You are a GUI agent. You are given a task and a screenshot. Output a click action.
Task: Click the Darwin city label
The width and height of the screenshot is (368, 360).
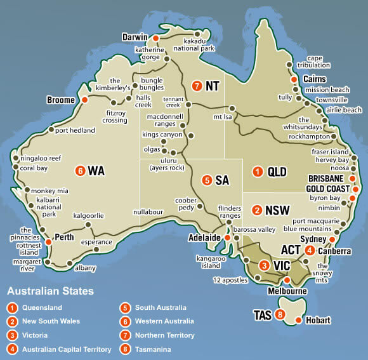pos(135,37)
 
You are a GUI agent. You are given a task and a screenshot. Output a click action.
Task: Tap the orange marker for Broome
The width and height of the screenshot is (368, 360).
pos(84,100)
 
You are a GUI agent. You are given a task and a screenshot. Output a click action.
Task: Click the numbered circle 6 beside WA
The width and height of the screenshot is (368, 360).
pos(80,171)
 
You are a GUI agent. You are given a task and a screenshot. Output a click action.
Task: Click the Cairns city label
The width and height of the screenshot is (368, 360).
pos(315,79)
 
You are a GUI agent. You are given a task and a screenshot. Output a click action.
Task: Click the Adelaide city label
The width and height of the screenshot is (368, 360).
pos(204,238)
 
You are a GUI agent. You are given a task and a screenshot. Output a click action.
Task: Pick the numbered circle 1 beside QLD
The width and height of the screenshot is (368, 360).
pos(258,171)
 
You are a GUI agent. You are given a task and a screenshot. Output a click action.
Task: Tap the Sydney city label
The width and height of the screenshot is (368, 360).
pos(313,239)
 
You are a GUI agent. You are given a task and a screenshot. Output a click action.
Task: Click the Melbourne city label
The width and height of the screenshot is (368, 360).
pos(287,291)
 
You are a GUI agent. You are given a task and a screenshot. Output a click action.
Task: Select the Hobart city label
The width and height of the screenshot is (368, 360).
pos(317,321)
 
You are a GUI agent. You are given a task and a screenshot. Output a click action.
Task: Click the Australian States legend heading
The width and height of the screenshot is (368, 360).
pos(50,292)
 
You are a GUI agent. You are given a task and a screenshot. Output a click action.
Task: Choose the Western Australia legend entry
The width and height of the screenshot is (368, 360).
pos(163,321)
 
